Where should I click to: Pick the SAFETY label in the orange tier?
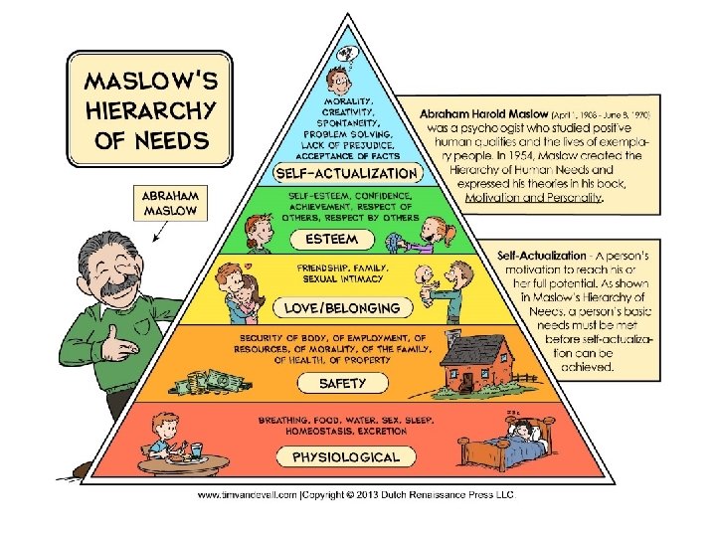(342, 383)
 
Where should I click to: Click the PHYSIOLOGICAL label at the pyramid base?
(345, 457)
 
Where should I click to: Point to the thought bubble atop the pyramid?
(347, 53)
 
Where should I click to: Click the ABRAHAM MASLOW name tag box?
(170, 203)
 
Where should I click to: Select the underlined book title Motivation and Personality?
(533, 197)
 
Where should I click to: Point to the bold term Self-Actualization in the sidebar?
(541, 256)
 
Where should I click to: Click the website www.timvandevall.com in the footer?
(245, 494)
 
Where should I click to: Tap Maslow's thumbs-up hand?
(122, 347)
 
